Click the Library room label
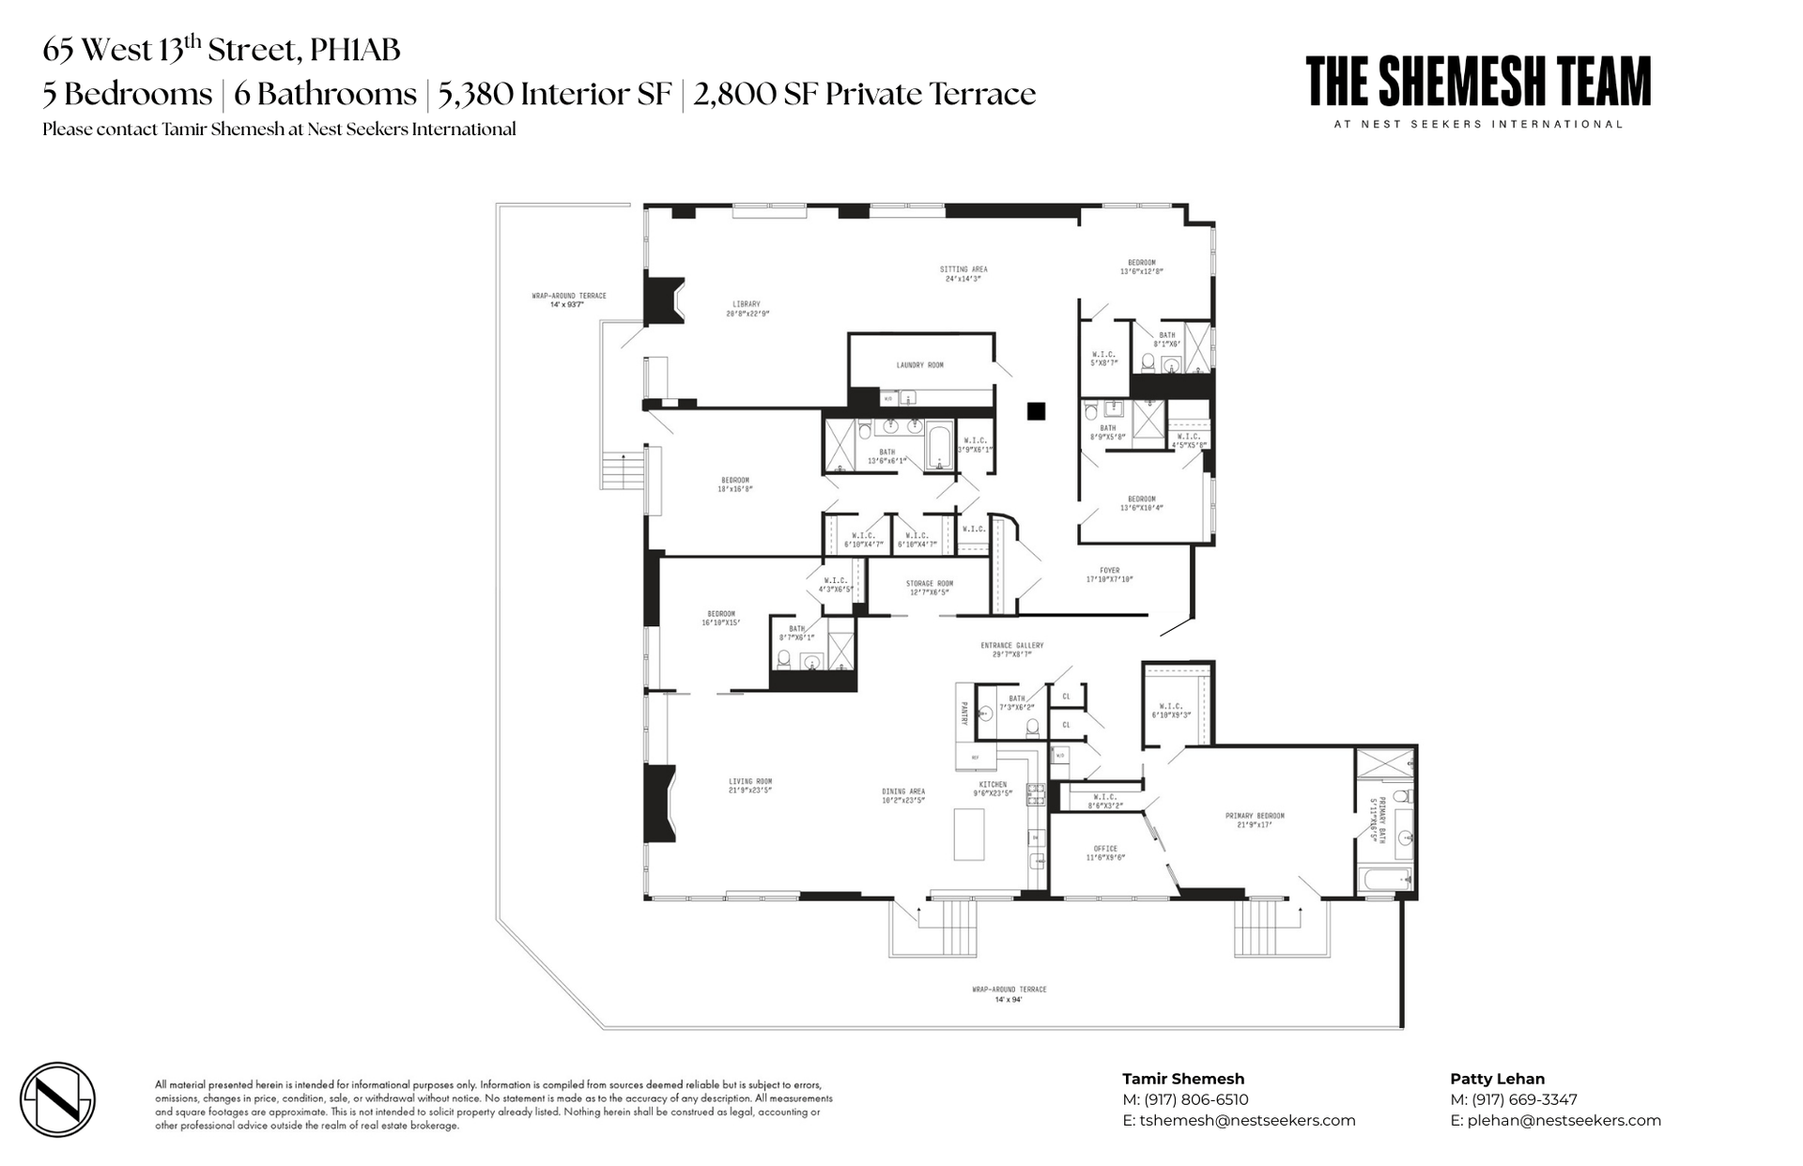pyautogui.click(x=747, y=304)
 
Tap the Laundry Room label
pyautogui.click(x=919, y=365)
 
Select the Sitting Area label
pyautogui.click(x=963, y=269)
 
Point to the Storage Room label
pyautogui.click(x=929, y=584)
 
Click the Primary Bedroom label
pyautogui.click(x=1254, y=816)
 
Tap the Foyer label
pyautogui.click(x=1109, y=571)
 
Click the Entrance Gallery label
pyautogui.click(x=1011, y=646)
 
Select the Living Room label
pyautogui.click(x=749, y=781)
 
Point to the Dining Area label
pyautogui.click(x=903, y=791)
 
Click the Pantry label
pyautogui.click(x=963, y=714)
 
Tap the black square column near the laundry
pyautogui.click(x=1036, y=410)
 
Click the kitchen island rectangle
pyautogui.click(x=968, y=834)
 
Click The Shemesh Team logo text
pyautogui.click(x=1478, y=83)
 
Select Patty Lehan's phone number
pyautogui.click(x=1524, y=1099)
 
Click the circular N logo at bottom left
pyautogui.click(x=58, y=1099)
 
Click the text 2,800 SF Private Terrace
pyautogui.click(x=865, y=95)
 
